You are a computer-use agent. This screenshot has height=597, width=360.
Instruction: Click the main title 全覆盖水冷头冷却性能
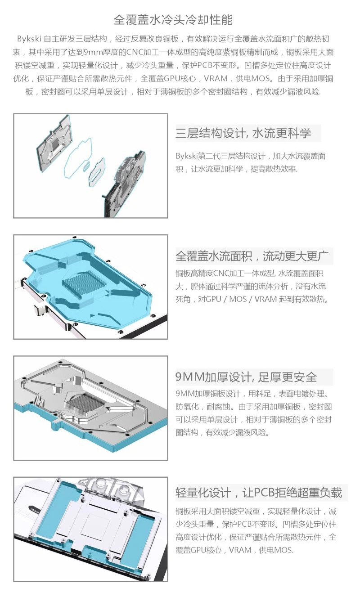(173, 20)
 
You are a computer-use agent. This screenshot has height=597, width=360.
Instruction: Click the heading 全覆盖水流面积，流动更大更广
(252, 257)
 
